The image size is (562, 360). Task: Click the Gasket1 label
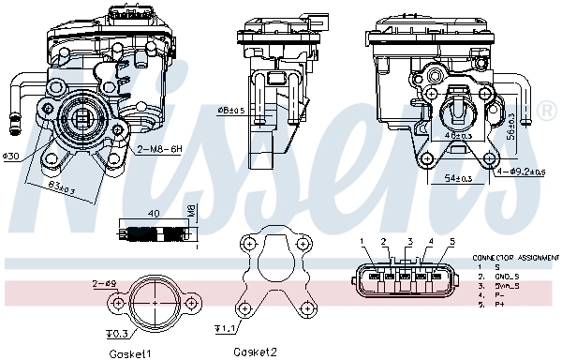129,353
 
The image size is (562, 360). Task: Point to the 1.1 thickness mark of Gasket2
224,329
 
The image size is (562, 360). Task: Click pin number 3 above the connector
409,242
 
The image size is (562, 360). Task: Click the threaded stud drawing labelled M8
153,233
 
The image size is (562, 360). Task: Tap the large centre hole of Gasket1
154,302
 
